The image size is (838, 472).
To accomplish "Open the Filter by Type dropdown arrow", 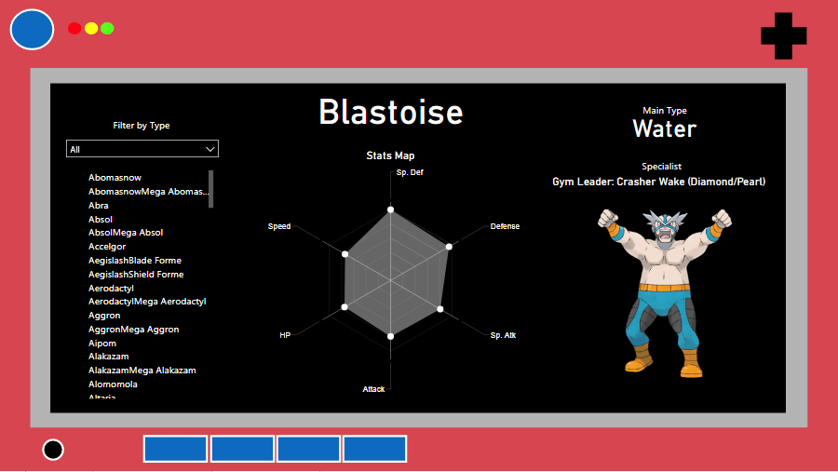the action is coord(210,149).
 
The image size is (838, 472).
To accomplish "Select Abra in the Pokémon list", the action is coord(99,205).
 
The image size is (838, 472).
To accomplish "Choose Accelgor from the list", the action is coord(107,247).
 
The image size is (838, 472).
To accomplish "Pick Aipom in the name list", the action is coord(102,344).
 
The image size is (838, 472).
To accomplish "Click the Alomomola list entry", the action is coord(113,384).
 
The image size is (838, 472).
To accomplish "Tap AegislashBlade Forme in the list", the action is coord(135,261).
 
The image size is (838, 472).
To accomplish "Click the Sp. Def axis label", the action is coord(410,172).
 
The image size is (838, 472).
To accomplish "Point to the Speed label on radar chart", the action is coord(279,226).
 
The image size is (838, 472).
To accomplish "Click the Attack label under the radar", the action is coord(373,389).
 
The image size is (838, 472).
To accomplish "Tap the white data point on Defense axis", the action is coord(449,247).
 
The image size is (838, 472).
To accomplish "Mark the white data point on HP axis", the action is coord(345,307).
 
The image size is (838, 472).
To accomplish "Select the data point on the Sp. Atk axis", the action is coord(440,309).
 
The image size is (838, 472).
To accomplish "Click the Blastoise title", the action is coord(391,113).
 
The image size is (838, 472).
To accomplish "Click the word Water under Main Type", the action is coord(664,128).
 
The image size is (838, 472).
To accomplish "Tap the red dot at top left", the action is coord(74,28).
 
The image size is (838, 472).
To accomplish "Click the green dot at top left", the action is coord(107,28).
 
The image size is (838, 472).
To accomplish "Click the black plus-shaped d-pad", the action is coord(783,35).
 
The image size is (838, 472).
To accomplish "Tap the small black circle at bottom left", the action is coord(53,450).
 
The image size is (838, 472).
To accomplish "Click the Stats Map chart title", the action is coord(390,155).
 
